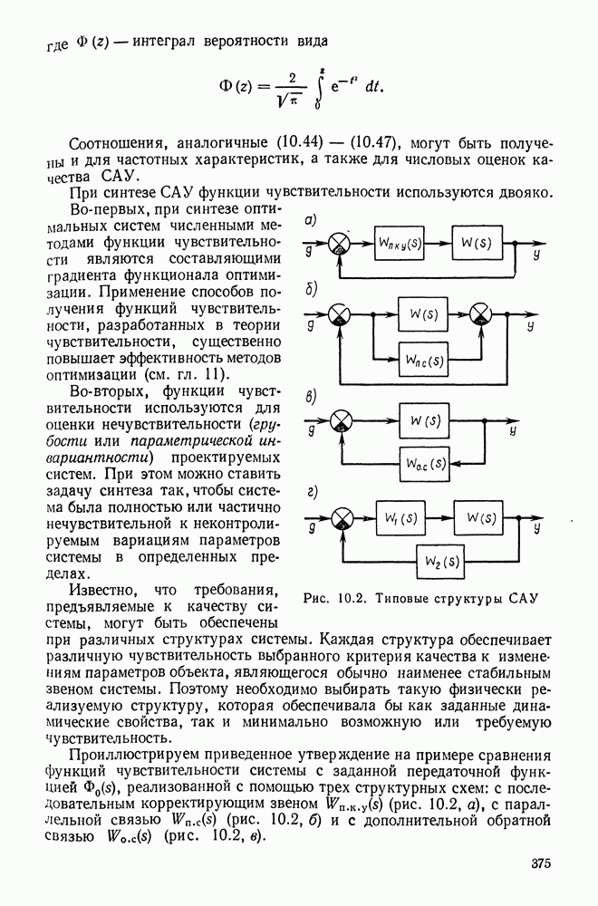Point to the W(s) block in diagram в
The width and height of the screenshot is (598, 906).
424,421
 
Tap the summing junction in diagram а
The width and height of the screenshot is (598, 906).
340,246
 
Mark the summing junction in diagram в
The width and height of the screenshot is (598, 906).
341,421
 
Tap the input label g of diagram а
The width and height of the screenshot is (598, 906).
310,249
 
